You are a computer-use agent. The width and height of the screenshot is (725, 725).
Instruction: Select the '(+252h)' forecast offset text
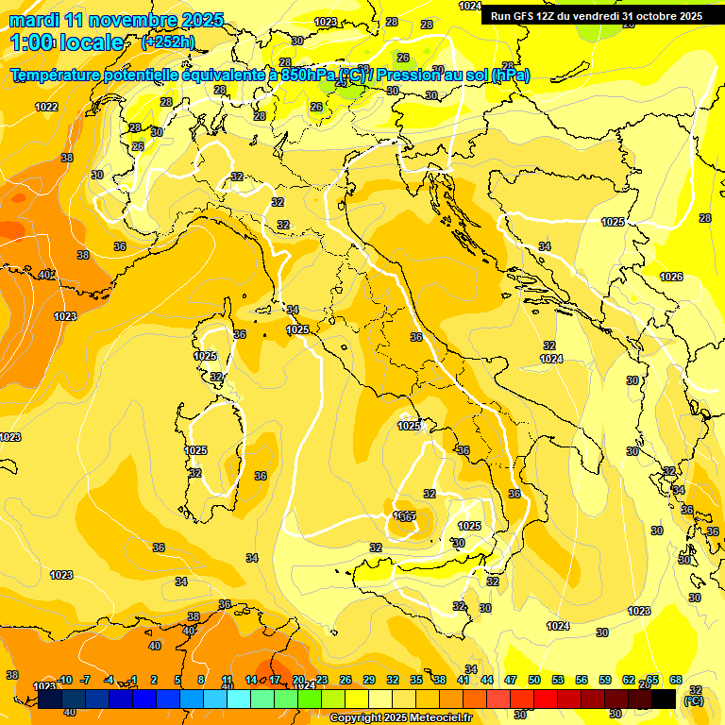pos(168,42)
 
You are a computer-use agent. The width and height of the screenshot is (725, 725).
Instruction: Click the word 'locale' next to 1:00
pos(92,42)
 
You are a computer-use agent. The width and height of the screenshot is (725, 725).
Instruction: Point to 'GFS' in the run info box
pos(530,16)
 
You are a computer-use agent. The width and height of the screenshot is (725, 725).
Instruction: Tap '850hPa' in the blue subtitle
pos(309,76)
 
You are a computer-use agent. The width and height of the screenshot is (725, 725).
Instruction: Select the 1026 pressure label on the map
pos(671,277)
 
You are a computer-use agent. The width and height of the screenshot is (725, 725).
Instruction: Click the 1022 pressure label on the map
pos(46,107)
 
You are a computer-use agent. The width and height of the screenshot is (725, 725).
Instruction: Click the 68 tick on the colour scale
pos(676,680)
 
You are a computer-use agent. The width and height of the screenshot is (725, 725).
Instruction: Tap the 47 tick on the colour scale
pos(511,680)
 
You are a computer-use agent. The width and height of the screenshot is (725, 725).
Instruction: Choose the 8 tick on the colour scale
pos(201,680)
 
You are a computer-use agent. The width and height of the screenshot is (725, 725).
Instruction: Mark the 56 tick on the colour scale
pos(582,680)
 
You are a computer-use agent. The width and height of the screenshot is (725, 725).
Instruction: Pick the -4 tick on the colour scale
pos(109,680)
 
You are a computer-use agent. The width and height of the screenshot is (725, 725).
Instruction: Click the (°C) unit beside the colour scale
pos(694,700)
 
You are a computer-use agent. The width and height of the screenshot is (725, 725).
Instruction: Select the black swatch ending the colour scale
pos(664,699)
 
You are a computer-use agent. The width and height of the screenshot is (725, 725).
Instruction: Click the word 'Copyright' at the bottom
pos(356,718)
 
